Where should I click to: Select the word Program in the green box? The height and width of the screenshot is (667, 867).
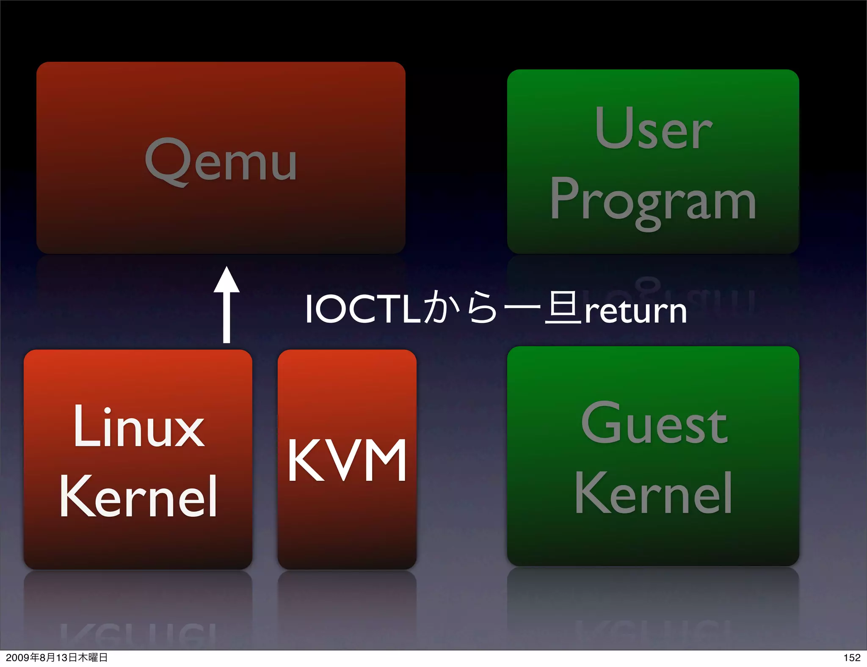pos(653,201)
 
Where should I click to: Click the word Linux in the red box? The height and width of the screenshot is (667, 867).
pos(138,427)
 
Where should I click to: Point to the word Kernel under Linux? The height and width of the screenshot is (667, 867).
pos(138,496)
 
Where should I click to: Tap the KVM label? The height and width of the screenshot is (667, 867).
pos(347,460)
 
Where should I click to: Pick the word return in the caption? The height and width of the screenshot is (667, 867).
pos(635,311)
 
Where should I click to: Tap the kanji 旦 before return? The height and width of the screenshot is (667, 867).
pos(563,308)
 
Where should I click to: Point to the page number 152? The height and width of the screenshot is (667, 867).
pos(851,658)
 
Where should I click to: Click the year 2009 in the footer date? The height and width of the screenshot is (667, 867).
pos(17,658)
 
